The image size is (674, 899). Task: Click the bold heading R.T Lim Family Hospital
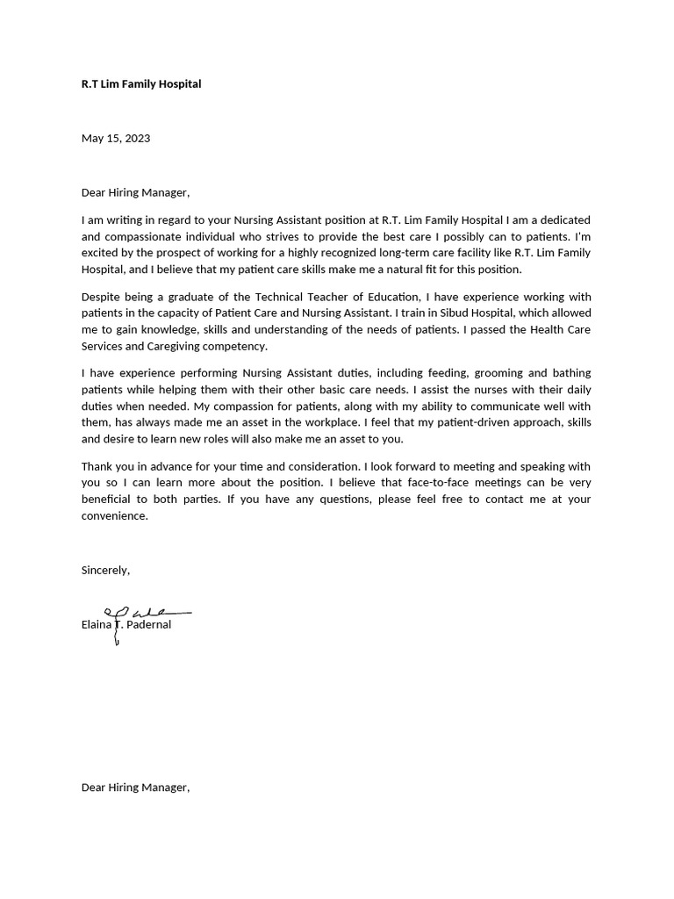point(141,84)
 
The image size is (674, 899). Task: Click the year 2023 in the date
point(136,139)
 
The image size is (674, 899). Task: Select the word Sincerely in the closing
point(104,571)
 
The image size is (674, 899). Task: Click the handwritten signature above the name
point(145,613)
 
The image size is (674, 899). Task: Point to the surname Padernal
point(149,625)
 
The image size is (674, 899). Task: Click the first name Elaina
point(97,625)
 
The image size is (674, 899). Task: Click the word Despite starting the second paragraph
point(103,297)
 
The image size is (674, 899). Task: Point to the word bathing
point(570,373)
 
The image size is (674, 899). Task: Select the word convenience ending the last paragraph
point(114,516)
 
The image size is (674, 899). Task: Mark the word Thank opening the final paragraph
point(97,466)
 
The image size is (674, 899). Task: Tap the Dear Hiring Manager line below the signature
point(135,788)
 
